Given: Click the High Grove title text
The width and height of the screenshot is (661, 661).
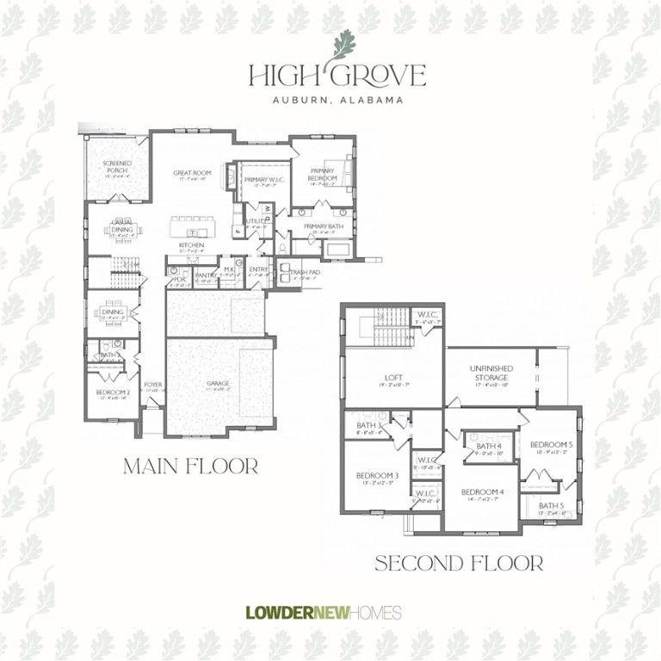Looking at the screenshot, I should tap(337, 76).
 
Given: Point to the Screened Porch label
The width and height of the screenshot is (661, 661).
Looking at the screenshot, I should tap(116, 166).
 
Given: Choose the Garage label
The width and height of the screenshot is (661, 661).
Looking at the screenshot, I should tap(218, 383).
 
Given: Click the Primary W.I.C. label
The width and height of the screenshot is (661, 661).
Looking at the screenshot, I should tap(264, 179).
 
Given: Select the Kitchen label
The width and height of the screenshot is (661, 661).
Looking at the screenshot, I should tap(191, 245).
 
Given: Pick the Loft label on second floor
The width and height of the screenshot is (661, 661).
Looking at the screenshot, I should tap(393, 377).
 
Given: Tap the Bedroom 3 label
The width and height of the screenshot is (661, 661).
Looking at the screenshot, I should tap(378, 475).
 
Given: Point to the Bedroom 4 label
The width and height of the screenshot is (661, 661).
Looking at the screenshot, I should tap(482, 492).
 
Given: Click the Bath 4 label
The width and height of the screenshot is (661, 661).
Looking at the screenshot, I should tap(488, 446).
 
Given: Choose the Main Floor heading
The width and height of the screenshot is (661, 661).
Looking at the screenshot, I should tap(191, 466).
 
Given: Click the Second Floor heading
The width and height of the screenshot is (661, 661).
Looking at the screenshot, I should tap(459, 564).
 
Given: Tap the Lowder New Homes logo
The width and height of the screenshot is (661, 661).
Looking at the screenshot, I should tap(324, 613).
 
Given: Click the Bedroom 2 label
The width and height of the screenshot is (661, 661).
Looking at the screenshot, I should tap(113, 393).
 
